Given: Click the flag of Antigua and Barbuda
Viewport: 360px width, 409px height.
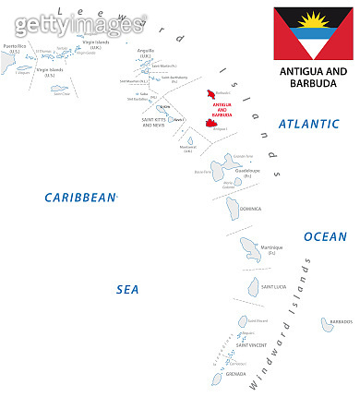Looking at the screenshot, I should (308, 32).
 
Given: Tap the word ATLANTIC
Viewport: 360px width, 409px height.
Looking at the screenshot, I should (310, 124).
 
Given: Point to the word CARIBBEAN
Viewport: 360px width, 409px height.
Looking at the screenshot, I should (82, 197).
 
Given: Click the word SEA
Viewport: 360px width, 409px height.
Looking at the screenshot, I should (127, 289).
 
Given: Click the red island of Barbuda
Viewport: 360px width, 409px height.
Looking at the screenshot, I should (219, 95).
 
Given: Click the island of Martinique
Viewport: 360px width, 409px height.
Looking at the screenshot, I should (250, 247).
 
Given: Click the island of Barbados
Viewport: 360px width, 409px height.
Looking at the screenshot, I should (329, 324).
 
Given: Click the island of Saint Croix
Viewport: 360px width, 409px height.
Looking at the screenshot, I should (59, 90).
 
